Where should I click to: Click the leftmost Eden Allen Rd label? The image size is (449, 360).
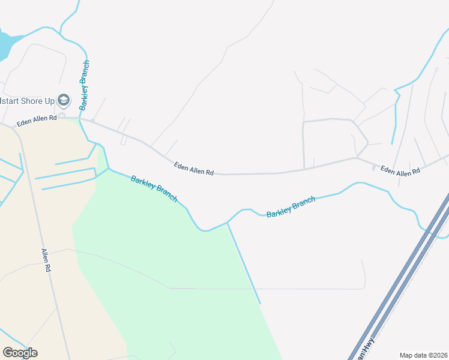[x=37, y=121]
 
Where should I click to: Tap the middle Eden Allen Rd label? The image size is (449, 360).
[x=194, y=168]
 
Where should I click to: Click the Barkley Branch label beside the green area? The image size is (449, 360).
[x=154, y=188]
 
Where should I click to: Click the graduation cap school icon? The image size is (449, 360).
[x=64, y=100]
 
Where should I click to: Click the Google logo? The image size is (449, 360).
[x=20, y=353]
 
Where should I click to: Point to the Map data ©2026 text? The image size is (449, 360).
[x=423, y=355]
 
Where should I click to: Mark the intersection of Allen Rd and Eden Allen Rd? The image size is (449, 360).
[x=13, y=127]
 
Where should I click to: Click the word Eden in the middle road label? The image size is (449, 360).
[x=181, y=165]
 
